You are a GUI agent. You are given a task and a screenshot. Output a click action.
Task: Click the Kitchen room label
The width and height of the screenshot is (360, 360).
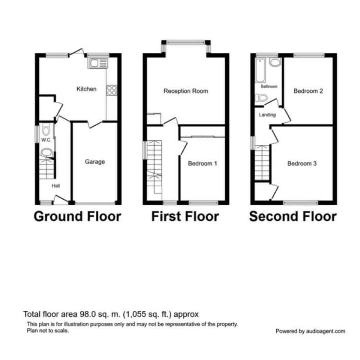[86, 89]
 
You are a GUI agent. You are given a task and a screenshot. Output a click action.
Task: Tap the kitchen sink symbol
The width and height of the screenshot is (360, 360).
[98, 63]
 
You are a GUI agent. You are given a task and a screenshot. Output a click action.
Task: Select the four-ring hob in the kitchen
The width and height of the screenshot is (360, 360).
[111, 90]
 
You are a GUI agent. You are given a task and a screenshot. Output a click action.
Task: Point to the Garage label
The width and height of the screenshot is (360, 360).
[95, 162]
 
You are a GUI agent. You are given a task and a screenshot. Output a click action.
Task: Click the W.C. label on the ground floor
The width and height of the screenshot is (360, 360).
[46, 140]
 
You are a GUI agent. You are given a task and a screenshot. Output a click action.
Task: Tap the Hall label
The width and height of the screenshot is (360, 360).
[56, 186]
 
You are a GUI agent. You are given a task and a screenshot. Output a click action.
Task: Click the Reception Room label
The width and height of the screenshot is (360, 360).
[186, 91]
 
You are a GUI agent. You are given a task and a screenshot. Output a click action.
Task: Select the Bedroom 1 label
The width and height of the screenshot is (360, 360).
[202, 163]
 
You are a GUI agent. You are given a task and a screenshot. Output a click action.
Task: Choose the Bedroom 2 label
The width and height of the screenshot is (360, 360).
[308, 91]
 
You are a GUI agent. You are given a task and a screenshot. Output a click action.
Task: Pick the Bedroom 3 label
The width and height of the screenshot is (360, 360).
[302, 163]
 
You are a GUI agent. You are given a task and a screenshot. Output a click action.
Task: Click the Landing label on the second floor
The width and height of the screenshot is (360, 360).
[267, 115]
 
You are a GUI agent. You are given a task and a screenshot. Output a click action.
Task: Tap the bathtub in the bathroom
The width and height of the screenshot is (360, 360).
[261, 70]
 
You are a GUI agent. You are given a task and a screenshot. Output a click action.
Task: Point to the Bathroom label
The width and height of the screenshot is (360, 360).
[269, 86]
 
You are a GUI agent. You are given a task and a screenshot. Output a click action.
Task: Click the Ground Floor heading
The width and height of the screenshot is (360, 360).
[77, 217]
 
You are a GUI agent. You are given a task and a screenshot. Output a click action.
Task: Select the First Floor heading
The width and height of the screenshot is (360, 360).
[185, 217]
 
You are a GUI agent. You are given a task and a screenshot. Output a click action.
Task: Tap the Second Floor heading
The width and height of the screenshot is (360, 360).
[293, 217]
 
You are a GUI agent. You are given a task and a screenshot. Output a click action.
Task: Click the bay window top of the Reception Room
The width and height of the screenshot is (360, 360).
[186, 42]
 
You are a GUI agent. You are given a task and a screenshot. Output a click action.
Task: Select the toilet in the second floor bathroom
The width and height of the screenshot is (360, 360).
[262, 98]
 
